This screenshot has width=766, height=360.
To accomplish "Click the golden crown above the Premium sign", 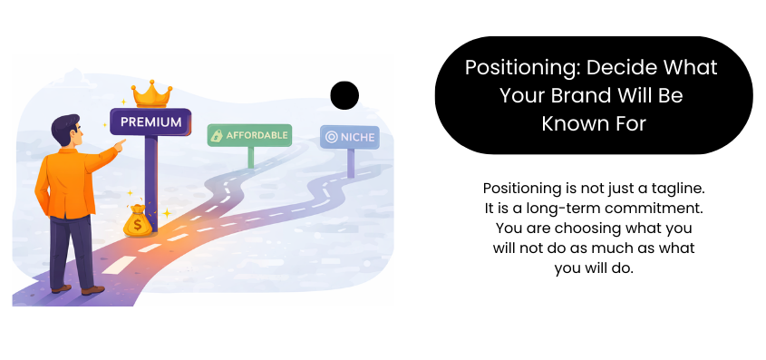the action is coord(151,94).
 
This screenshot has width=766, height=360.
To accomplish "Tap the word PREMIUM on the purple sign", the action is coord(151,122).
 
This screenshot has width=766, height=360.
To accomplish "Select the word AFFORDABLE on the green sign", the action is coord(257,135).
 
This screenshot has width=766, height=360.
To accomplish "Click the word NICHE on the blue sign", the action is coord(357,137).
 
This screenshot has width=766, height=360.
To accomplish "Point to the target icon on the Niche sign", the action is coord(332,137).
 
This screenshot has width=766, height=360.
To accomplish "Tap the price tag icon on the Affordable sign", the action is coord(217,136).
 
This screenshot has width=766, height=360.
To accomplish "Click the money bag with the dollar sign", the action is coord(137,220).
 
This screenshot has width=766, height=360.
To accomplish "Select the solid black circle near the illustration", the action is coord(344,95).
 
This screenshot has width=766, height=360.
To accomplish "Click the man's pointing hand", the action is coord(119,144).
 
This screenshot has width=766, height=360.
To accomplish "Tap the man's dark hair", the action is coord(65,128).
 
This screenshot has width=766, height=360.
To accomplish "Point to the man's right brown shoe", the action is coord(92,290).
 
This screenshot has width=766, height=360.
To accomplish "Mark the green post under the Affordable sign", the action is coord(251,157).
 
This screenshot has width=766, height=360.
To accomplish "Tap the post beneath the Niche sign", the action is coord(351,162).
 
